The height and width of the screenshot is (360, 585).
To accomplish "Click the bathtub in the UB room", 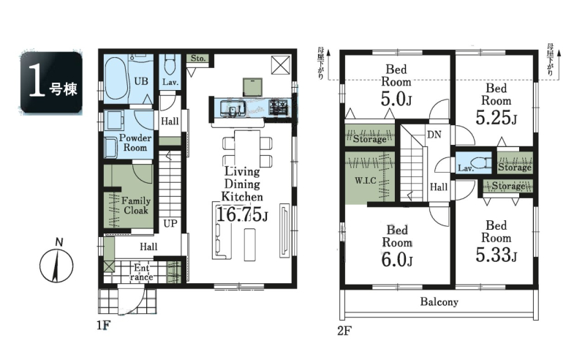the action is (x=116, y=79).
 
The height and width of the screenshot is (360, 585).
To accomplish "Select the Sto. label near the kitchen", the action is (x=197, y=59).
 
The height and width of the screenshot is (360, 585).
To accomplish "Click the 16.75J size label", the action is (x=242, y=215).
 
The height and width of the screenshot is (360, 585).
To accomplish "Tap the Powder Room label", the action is (x=135, y=142).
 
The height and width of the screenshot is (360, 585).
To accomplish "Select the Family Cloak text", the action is (x=136, y=206).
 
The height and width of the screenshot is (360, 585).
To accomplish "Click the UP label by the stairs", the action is (x=170, y=224).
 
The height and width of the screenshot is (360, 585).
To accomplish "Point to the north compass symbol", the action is (x=56, y=263).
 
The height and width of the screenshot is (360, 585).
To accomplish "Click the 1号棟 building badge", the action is (x=51, y=83).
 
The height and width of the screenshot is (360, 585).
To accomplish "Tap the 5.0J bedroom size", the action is (x=396, y=100).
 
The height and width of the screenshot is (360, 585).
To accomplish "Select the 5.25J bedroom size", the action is (x=497, y=118).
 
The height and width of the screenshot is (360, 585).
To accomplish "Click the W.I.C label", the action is (x=365, y=181).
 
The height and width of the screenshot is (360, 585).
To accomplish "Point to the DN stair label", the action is (x=434, y=135).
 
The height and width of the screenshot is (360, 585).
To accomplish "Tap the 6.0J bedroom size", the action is (x=396, y=260).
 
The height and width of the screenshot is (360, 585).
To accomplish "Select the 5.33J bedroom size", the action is (x=497, y=255).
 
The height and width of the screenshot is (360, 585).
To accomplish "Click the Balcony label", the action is (x=439, y=301).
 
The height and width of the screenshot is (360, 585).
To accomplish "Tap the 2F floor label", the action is (x=344, y=331).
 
